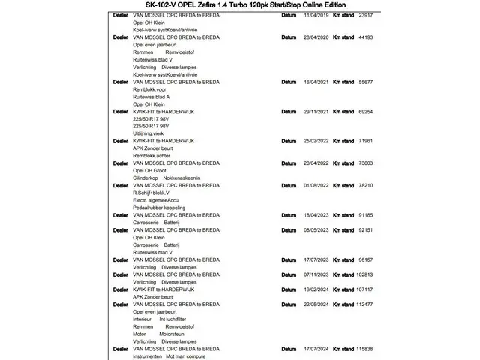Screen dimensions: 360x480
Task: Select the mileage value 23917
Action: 365,15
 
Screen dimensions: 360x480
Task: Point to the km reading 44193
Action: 365,37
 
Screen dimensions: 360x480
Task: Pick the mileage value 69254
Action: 365,111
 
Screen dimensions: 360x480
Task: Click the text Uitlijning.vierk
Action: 152,133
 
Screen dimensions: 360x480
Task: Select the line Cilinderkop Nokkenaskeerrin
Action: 166,177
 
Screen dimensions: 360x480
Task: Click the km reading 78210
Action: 365,184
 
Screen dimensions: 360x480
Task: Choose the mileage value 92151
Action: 365,229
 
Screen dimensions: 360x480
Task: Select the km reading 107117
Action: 364,289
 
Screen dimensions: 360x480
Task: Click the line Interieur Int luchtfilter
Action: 163,319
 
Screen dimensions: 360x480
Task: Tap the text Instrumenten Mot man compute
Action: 168,355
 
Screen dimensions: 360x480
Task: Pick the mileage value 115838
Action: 364,349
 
